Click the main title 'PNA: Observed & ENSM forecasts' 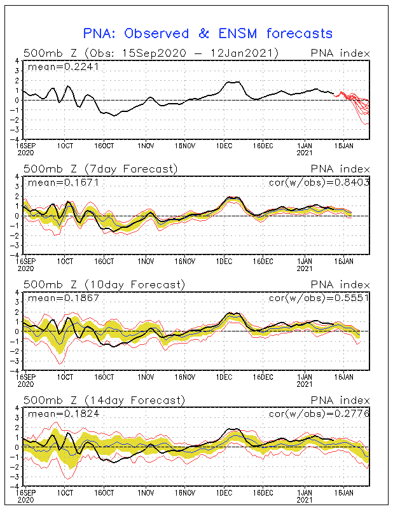208,32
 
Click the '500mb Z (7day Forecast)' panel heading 100,168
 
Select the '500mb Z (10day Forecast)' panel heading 104,284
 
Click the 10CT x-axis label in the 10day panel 65,377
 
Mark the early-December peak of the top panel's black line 230,82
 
